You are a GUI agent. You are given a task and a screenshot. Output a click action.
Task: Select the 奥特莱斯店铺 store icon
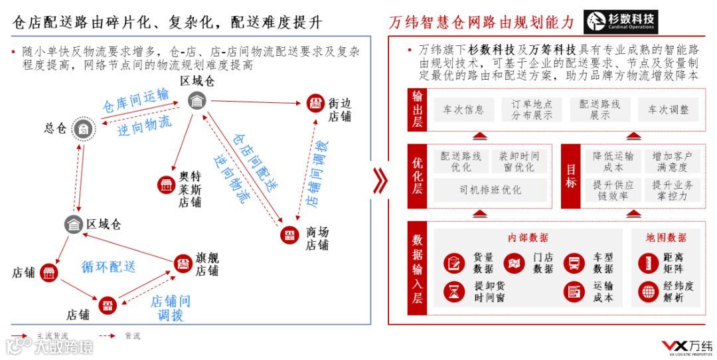point(165,185)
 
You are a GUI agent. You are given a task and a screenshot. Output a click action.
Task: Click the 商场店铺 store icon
point(289,234)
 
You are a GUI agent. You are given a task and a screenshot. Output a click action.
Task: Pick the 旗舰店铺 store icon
point(183,263)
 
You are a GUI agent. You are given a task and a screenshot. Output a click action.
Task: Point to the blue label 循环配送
point(109,267)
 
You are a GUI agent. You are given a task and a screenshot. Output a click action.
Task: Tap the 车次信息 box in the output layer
point(463,110)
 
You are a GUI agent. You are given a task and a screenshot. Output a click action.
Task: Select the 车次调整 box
point(669,110)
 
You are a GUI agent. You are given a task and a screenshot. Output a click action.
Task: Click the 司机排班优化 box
point(490,190)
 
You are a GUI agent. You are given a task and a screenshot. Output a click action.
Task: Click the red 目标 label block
point(571,174)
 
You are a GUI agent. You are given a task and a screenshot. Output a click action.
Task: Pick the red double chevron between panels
point(380,181)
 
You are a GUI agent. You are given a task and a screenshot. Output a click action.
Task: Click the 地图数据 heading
point(666,238)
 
